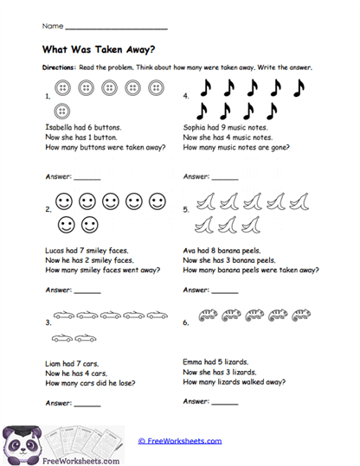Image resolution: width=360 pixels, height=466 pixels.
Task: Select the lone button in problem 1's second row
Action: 62,111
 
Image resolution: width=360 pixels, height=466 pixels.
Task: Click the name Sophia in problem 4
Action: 197,127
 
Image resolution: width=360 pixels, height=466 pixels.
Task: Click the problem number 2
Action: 48,209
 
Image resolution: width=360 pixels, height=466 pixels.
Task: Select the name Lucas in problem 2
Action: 53,248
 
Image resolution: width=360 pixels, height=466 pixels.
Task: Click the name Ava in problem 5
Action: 192,248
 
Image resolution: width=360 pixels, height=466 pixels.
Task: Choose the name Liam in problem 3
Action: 51,362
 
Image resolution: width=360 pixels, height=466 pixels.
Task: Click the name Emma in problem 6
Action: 196,362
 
